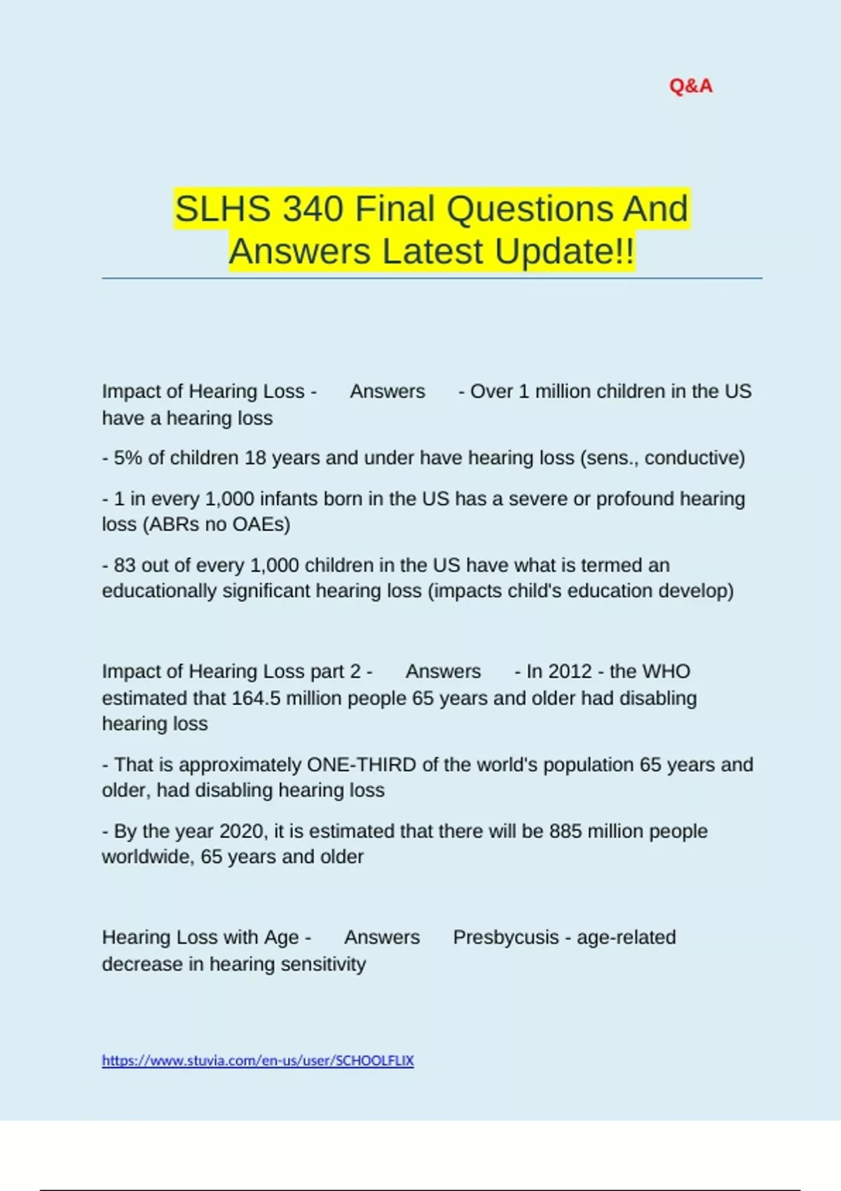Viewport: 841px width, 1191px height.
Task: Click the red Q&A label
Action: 690,86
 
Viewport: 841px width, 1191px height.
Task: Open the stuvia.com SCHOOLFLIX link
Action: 258,1061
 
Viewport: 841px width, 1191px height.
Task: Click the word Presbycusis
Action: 505,937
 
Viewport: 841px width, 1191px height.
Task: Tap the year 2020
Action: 242,831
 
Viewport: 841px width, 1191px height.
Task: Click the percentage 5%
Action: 128,458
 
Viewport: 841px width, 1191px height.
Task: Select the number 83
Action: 124,565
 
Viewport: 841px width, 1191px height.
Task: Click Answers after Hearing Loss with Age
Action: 382,937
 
